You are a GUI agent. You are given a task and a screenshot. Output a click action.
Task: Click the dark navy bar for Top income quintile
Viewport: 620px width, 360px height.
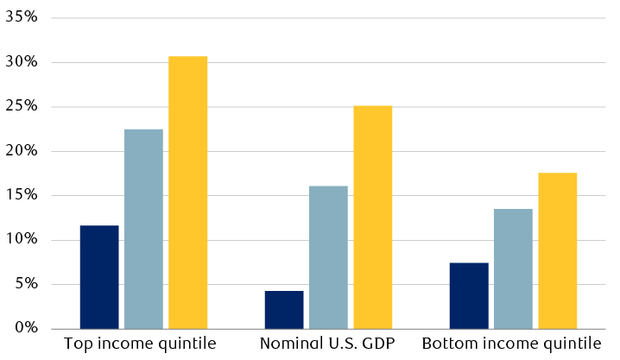coord(99,276)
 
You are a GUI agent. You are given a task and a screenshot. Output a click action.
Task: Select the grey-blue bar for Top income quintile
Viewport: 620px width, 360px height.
coord(143,229)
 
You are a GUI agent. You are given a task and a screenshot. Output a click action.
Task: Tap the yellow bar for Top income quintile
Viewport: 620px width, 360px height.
coord(187,192)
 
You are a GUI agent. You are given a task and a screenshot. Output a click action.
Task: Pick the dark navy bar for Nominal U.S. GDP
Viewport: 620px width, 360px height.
coord(284,309)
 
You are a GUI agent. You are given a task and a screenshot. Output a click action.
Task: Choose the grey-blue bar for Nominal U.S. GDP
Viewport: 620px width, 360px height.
coord(328,257)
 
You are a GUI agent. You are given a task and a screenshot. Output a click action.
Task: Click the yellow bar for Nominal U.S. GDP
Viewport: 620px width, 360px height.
coord(372,217)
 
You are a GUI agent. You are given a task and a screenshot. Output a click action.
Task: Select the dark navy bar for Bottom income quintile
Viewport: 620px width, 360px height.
coord(469,295)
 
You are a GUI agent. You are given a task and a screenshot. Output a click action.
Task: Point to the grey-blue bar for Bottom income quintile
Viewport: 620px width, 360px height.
coord(513,268)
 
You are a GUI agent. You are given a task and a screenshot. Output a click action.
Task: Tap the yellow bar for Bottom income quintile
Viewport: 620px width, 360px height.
coord(557,250)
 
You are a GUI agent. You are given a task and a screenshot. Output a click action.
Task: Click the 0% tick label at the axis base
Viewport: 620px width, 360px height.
coord(27,328)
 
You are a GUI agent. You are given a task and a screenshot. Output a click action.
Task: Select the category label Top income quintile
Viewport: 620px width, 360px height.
coord(140,344)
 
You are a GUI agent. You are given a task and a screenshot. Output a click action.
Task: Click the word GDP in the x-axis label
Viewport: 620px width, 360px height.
coord(376,344)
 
